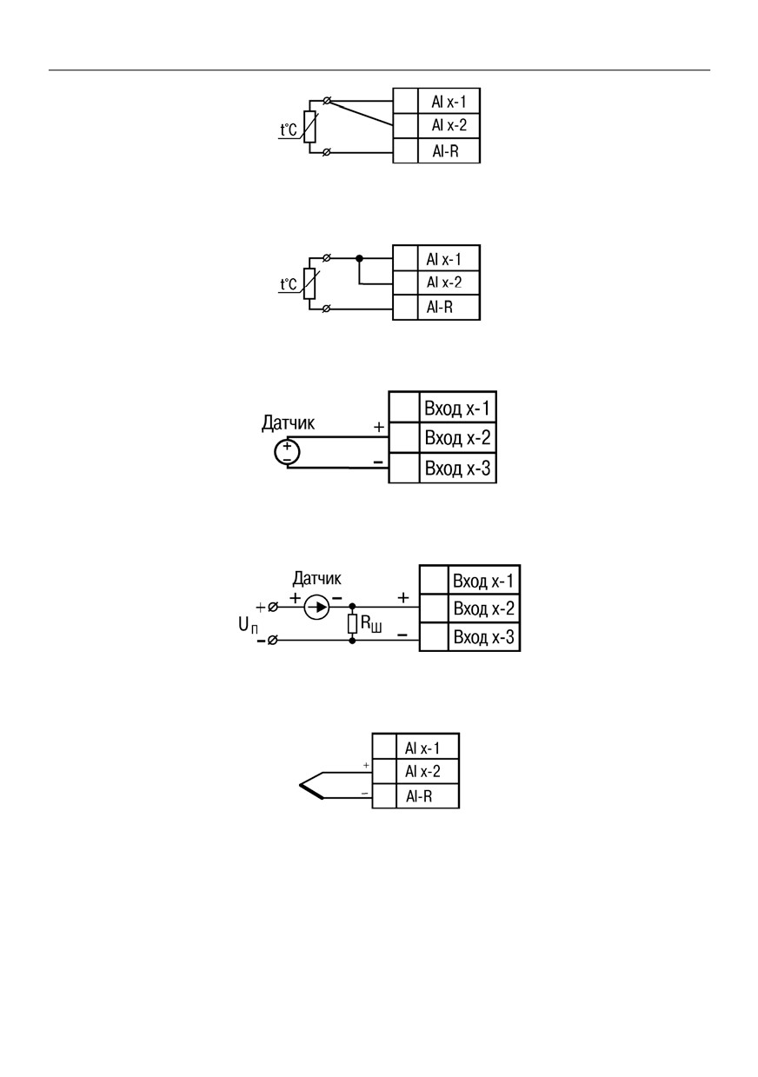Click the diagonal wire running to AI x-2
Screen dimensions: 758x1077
tap(360, 113)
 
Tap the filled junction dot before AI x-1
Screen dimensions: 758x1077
tap(359, 258)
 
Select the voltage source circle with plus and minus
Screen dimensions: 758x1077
tap(287, 452)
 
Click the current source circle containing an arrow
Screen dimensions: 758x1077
tap(316, 607)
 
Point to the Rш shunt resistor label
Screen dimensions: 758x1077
tap(371, 624)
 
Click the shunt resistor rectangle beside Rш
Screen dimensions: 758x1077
tap(352, 623)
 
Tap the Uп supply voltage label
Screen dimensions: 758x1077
tap(249, 626)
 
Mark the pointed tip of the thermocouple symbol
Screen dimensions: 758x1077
tap(300, 785)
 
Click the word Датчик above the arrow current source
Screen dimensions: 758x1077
tap(316, 578)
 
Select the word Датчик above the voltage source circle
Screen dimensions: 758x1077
tap(288, 423)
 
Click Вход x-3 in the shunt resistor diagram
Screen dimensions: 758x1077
tap(484, 637)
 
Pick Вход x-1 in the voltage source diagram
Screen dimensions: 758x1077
tap(457, 409)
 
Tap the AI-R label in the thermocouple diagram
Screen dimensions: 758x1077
tap(419, 797)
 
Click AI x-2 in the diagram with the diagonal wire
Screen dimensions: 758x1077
tap(449, 125)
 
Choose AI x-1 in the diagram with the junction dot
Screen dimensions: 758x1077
tap(443, 260)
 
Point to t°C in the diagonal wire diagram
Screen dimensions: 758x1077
tap(289, 130)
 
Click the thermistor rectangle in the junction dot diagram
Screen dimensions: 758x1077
tap(309, 283)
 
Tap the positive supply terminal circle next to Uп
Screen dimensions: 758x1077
tap(273, 608)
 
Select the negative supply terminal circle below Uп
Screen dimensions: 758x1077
tap(272, 641)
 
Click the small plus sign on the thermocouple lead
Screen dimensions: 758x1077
tap(366, 765)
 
